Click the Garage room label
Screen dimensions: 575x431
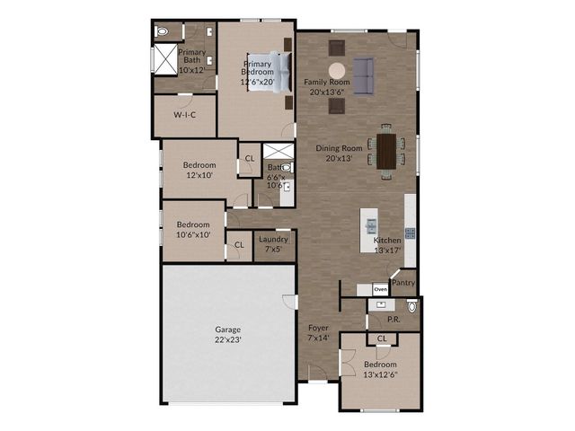227,335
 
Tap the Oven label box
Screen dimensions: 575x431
380,289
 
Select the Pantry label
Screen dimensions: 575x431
403,283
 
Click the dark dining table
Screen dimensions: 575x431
386,152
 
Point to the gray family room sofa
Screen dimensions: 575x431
363,76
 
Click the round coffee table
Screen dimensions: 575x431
337,71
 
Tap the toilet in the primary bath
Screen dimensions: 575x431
162,32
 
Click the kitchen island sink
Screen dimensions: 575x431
371,225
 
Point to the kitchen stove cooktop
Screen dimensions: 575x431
410,233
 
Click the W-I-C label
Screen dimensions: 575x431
184,115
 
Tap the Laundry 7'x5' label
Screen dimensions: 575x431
273,244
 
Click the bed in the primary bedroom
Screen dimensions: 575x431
270,72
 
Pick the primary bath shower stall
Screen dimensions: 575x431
165,59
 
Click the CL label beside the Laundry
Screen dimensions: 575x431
239,244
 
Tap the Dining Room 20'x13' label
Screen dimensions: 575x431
339,154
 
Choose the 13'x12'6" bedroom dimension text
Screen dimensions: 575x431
381,375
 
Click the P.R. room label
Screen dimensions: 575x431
394,320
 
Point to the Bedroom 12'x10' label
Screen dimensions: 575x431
199,170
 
